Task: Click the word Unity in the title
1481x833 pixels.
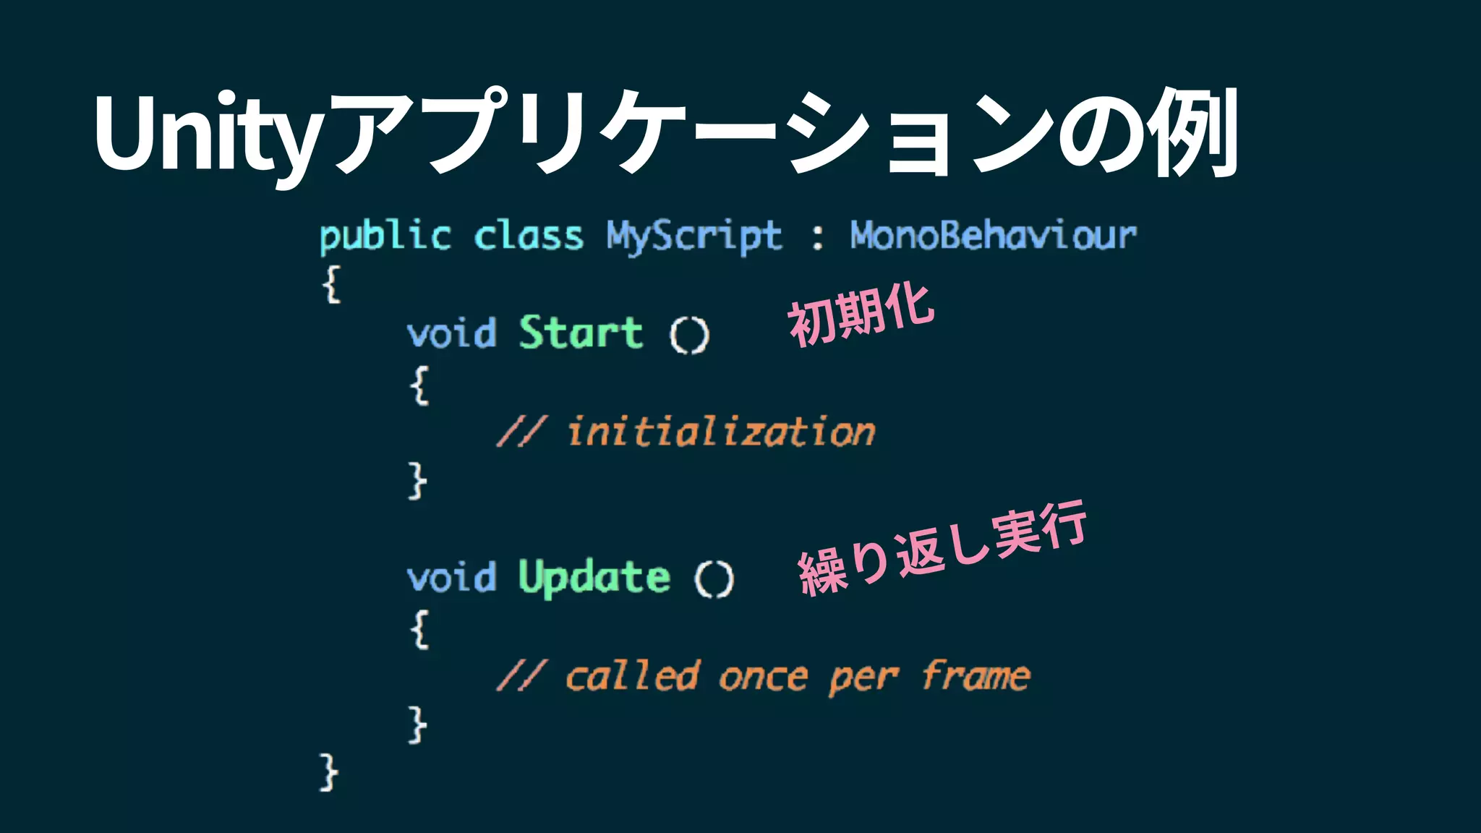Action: click(206, 134)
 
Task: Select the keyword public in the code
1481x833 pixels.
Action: click(385, 236)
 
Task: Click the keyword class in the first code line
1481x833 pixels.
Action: click(529, 236)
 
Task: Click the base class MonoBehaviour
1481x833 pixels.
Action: click(993, 236)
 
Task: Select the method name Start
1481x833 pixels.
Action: click(581, 333)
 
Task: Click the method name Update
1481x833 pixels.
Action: click(594, 578)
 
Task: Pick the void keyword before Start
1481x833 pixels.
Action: click(452, 334)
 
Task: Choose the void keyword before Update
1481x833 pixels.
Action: click(452, 578)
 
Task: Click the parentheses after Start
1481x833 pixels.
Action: click(689, 336)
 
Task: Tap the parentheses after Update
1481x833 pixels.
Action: click(714, 580)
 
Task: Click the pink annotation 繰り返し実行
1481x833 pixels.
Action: click(942, 550)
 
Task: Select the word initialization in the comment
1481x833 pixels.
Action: click(721, 432)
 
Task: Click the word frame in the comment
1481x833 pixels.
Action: click(976, 676)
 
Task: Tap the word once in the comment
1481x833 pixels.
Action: click(763, 678)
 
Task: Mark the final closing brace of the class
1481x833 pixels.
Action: click(328, 773)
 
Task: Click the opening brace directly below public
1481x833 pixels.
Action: click(331, 284)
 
